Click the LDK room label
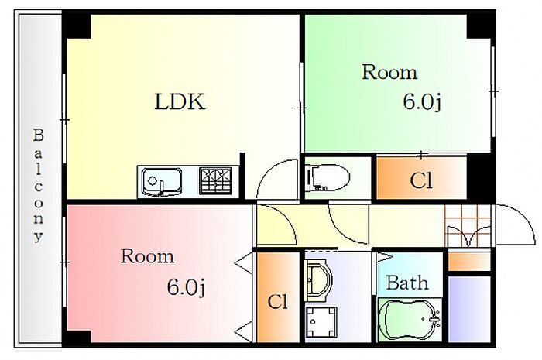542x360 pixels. coord(180,101)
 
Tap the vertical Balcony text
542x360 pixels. coord(37,186)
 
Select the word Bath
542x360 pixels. coord(406,283)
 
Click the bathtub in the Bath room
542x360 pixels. coord(410,319)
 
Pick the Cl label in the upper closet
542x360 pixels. coord(420,182)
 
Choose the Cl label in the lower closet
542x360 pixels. coord(276,301)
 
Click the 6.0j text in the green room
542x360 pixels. coord(422,101)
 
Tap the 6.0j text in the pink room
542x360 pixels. coord(186,287)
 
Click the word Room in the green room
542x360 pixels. coord(389,73)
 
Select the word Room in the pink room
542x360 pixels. coord(147,256)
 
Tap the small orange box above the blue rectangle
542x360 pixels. coord(469,262)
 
